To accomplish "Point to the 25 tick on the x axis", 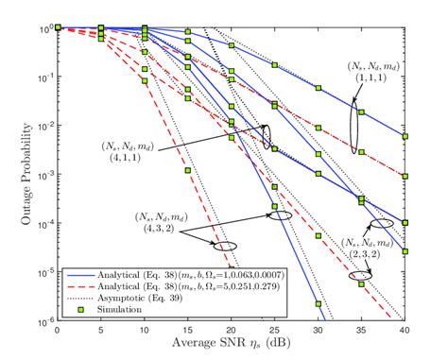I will (275, 330).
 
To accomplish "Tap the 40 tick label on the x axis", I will (405, 330).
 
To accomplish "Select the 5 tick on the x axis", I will (101, 330).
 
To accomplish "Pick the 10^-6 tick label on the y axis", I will (43, 320).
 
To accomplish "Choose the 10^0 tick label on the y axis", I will (43, 28).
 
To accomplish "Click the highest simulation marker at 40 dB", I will (405, 137).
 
